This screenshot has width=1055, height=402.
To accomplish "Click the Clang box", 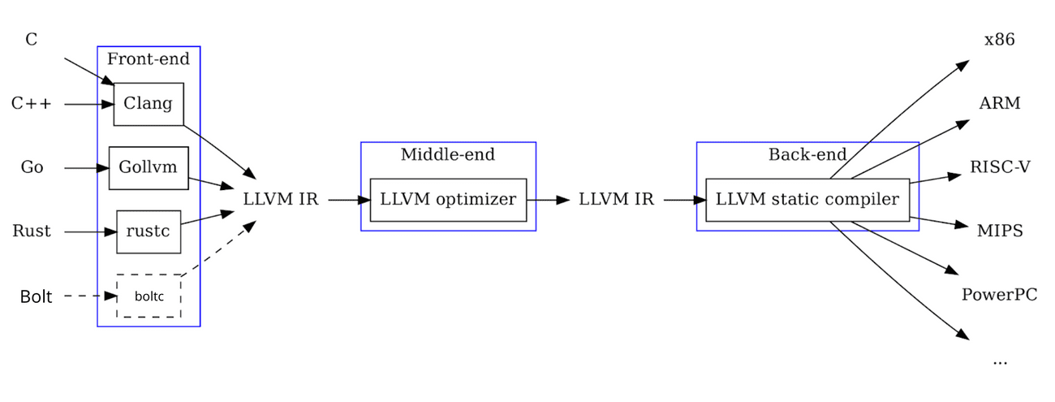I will (x=149, y=104).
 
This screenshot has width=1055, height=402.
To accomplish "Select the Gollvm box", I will (x=149, y=168).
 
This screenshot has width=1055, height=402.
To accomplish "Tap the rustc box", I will (x=149, y=231).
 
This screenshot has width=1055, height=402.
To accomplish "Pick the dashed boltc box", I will (x=149, y=296).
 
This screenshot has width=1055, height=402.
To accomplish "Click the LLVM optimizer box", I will (x=448, y=199).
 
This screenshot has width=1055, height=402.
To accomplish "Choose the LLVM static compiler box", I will (x=807, y=199).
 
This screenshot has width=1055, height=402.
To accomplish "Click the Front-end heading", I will (x=149, y=58).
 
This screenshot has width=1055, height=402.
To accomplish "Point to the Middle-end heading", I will (x=448, y=154).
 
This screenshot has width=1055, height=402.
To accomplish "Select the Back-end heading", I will (x=807, y=154).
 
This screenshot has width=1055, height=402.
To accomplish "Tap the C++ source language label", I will (x=32, y=104).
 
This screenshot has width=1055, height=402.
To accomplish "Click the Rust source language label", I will (x=32, y=231).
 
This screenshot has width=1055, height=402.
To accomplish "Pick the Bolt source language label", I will (x=36, y=297).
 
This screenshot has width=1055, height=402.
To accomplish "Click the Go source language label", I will (x=32, y=168).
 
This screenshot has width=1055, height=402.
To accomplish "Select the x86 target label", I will (x=999, y=40).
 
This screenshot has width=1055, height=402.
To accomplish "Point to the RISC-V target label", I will (x=1000, y=168).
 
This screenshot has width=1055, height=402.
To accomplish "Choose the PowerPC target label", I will (x=999, y=295).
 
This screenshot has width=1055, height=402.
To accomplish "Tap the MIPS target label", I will (x=1000, y=231).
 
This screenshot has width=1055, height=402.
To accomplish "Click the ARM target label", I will (x=999, y=104).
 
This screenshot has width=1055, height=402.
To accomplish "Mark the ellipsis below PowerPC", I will (x=999, y=360).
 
